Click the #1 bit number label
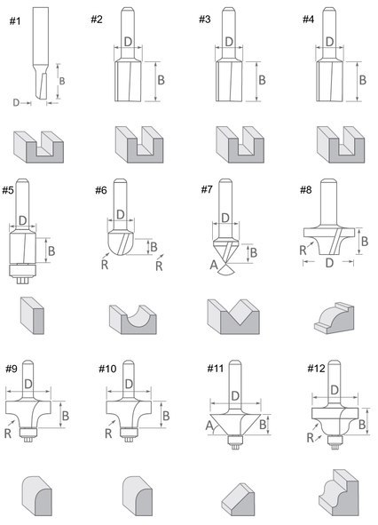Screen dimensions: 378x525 [15, 21]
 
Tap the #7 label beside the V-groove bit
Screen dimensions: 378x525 [207, 190]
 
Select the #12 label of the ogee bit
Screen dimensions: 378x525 [316, 369]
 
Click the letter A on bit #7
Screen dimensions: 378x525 [214, 266]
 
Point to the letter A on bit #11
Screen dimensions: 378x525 [209, 426]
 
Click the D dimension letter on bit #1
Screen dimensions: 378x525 [16, 102]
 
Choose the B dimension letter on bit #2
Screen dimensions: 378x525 [161, 80]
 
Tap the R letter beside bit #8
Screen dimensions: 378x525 [303, 250]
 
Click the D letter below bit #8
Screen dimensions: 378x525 [329, 263]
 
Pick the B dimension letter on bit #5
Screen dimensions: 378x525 [51, 251]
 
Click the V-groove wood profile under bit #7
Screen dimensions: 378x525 [233, 316]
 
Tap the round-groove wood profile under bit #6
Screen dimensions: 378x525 [133, 320]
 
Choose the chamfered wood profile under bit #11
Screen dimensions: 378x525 [238, 499]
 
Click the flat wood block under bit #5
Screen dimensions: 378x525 [32, 315]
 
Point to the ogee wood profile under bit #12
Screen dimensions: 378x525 [338, 493]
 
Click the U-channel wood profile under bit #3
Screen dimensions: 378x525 [240, 145]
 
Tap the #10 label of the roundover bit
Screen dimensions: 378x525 [107, 369]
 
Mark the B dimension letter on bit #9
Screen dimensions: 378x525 [66, 416]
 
